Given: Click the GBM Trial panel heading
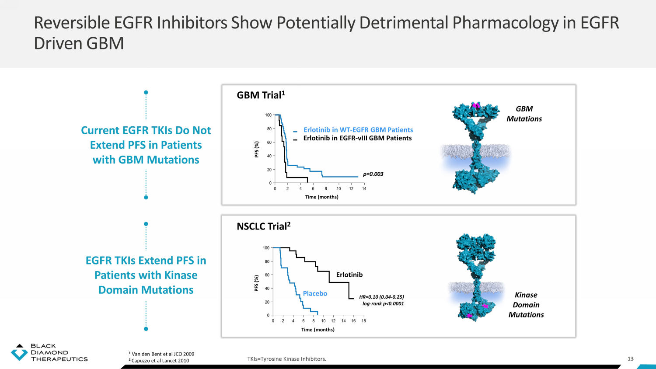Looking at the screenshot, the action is click(x=261, y=95).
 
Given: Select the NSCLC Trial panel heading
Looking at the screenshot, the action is click(x=264, y=226).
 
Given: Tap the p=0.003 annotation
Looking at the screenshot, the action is click(x=373, y=174).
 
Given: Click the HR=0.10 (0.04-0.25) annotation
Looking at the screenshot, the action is click(x=381, y=297).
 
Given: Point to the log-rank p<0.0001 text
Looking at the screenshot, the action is click(x=383, y=304).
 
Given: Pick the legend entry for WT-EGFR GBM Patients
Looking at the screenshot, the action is click(x=358, y=130).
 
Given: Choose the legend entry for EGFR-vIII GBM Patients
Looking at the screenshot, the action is click(x=357, y=138).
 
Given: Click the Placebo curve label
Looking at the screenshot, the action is click(x=315, y=293).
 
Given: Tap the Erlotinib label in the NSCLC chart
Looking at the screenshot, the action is click(x=349, y=275).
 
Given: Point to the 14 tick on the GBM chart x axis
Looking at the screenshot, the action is click(x=364, y=188).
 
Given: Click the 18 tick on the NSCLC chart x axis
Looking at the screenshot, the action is click(x=363, y=320).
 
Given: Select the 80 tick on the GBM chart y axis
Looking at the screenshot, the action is click(x=269, y=129).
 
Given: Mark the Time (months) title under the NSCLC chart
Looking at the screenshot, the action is click(x=318, y=330).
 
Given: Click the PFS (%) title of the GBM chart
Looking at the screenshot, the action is click(x=257, y=150).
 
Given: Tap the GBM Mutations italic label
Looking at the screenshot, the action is click(x=524, y=114).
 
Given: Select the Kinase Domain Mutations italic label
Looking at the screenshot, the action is click(x=526, y=305).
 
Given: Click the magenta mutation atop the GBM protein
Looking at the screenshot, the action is click(x=476, y=105).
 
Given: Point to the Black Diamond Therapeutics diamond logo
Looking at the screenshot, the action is click(x=19, y=352).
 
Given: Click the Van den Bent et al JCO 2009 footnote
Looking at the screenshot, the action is click(x=161, y=354).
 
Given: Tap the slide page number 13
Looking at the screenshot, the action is click(x=631, y=359).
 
